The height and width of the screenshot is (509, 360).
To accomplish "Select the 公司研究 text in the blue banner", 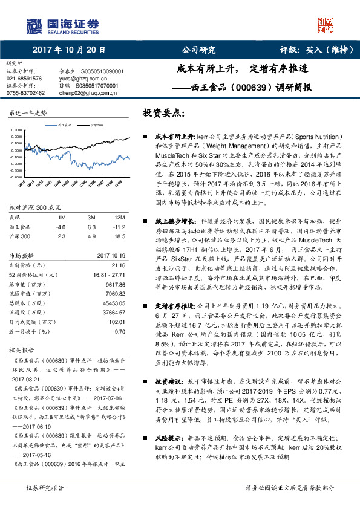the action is [199, 50].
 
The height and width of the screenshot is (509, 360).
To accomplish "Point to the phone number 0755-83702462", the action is [25, 93].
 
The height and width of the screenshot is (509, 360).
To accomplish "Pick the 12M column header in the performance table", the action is [119, 216].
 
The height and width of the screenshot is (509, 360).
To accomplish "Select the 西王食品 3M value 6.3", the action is [92, 227].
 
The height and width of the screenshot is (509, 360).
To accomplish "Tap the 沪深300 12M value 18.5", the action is [119, 236].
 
